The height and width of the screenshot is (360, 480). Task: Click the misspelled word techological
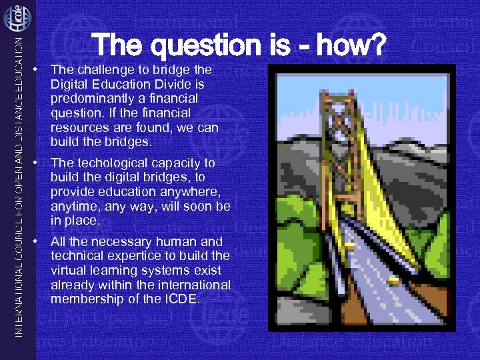pyautogui.click(x=107, y=163)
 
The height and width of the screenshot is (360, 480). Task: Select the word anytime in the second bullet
pyautogui.click(x=73, y=206)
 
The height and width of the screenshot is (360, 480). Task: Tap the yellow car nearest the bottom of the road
pyautogui.click(x=394, y=281)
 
